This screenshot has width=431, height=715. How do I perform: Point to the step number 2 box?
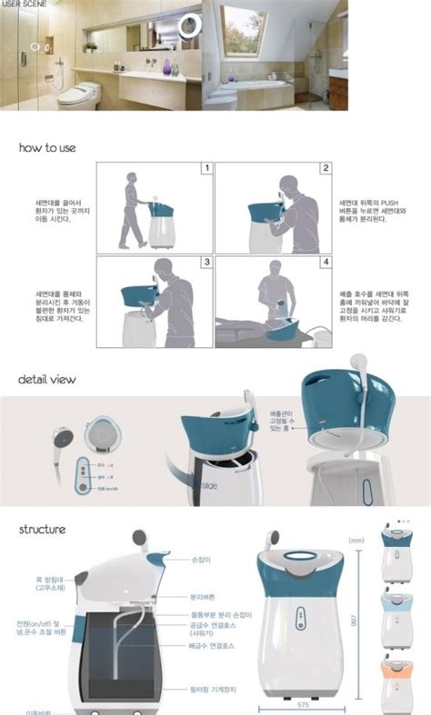[326, 169]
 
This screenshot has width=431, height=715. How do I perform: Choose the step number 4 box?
[326, 263]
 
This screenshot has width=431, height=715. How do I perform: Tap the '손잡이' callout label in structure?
[201, 560]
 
